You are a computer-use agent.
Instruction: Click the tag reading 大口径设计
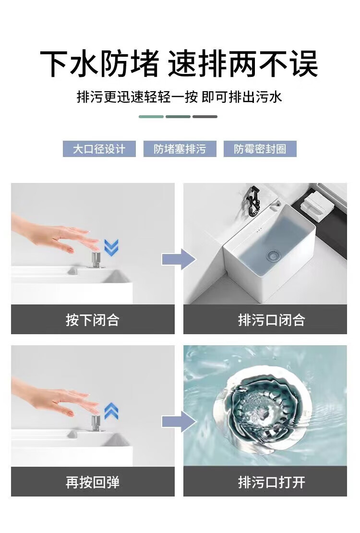point(99,149)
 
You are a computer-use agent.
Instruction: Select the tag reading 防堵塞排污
point(180,149)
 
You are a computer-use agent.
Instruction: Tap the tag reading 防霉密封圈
point(260,149)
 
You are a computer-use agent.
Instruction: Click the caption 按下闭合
point(93,320)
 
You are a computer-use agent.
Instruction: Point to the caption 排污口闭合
point(271,320)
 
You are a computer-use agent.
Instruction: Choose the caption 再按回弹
point(93,482)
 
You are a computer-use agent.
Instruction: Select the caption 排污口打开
point(271,482)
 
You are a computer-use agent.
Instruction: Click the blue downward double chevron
point(111,247)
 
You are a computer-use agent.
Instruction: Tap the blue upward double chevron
point(111,411)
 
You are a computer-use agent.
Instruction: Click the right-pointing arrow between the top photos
point(179,259)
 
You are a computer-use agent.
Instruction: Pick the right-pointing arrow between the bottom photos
point(179,422)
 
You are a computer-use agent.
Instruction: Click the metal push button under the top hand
point(96,260)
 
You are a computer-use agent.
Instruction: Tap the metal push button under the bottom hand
point(96,423)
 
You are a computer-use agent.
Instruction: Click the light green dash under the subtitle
point(151,117)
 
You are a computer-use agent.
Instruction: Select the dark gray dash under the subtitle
point(205,117)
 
